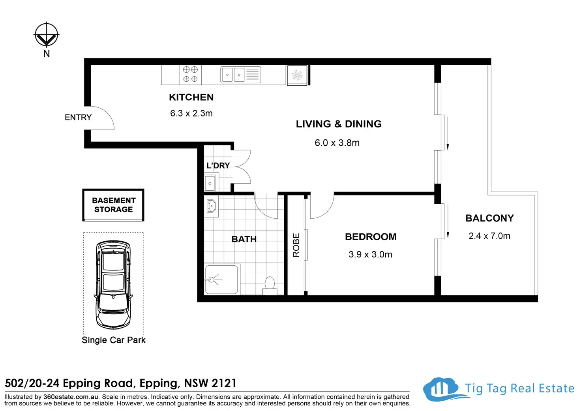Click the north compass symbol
(47, 34)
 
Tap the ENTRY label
(78, 117)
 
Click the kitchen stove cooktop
(190, 74)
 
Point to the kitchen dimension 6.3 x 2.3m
(191, 113)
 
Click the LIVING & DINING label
(339, 124)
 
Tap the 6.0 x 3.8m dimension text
(337, 143)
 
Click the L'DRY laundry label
(218, 165)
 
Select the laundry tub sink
(210, 183)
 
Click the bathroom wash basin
(212, 206)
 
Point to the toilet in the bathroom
(270, 286)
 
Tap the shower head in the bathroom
(212, 280)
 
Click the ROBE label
(296, 245)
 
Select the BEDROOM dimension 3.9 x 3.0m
(370, 254)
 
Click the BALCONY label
(489, 218)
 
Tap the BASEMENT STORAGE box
(113, 205)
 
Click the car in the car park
(113, 285)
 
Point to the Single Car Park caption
(114, 340)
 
